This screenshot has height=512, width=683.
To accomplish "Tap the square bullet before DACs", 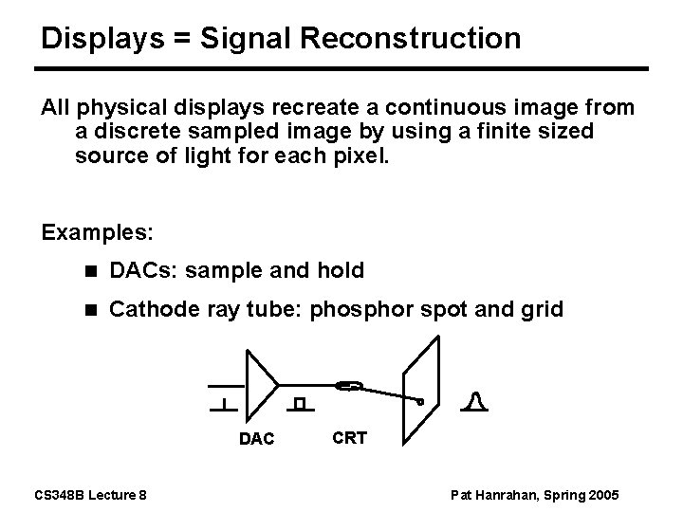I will (89, 272).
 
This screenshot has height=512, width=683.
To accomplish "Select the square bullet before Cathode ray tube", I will (89, 310).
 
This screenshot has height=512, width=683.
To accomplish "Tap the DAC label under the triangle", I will (256, 440).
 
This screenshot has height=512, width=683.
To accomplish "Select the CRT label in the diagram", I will (349, 438).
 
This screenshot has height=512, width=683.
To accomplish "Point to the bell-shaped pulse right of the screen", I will (476, 404).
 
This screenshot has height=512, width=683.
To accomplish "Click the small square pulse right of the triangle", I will (300, 405).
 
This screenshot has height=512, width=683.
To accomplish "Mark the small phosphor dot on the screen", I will (420, 401).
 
